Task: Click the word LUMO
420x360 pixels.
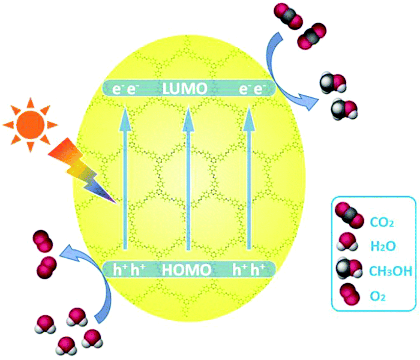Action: pos(185,89)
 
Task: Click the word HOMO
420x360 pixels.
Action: pos(186,270)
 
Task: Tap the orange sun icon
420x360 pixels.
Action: pos(30,125)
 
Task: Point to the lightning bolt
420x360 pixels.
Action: pos(82,171)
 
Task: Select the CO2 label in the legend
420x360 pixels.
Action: pos(382,222)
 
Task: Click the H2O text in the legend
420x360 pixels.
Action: pos(383,246)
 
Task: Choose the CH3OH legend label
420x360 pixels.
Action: pos(390,271)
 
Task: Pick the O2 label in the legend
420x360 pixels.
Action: pos(378,296)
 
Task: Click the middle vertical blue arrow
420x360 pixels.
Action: pos(188,178)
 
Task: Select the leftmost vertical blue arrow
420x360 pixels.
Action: pos(125,178)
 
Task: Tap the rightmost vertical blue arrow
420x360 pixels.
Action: pos(249,178)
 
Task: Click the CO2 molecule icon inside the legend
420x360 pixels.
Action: pos(349,215)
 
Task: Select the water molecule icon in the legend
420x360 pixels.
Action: pos(348,242)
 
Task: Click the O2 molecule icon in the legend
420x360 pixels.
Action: pos(350,294)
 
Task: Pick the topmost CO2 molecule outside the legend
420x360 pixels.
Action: pos(288,16)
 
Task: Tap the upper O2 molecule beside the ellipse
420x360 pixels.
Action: pos(42,241)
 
